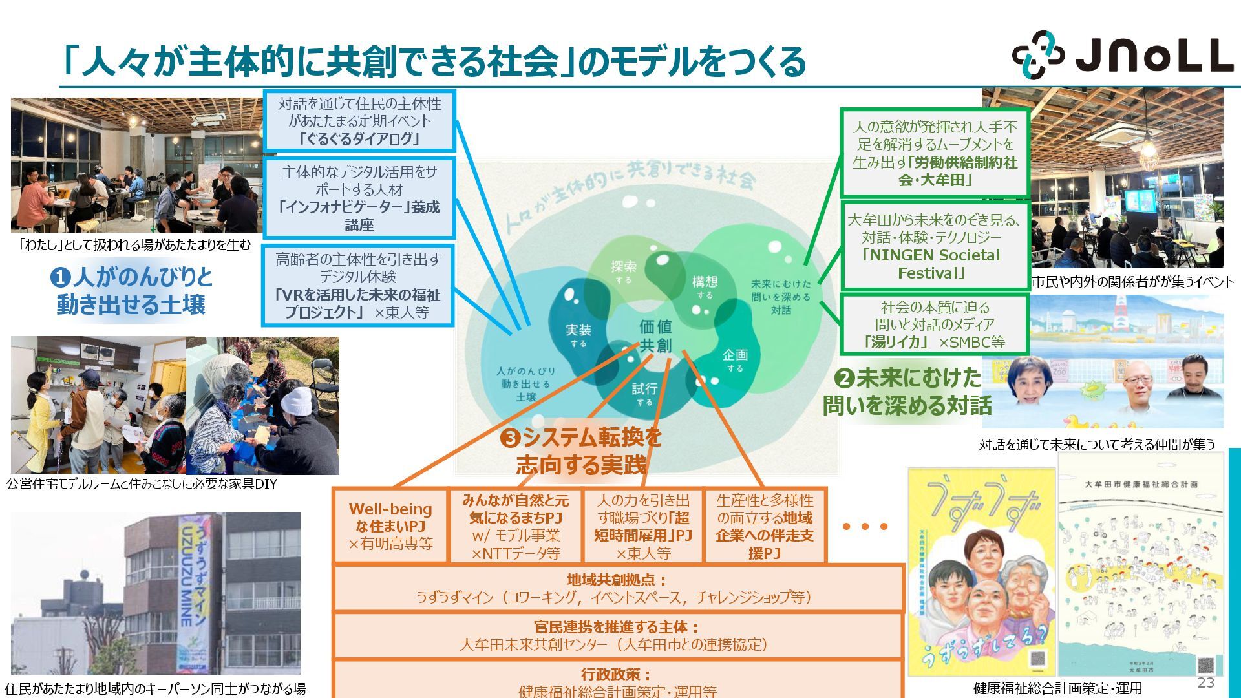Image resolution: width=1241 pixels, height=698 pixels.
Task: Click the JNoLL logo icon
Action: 1038,55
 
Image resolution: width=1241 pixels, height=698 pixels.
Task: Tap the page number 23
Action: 1205,682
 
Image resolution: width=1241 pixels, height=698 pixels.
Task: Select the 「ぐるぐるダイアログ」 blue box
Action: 359,122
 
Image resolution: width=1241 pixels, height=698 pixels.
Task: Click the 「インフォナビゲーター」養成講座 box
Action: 359,198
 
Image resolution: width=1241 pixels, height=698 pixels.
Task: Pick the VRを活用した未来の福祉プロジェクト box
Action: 357,286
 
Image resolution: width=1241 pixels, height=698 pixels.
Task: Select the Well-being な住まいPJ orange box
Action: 390,526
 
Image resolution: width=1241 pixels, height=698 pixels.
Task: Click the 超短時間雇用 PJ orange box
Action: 642,526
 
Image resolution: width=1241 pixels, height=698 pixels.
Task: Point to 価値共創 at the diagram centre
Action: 655,336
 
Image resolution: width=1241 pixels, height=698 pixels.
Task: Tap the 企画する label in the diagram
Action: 735,360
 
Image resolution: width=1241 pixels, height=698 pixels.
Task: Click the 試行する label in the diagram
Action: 644,393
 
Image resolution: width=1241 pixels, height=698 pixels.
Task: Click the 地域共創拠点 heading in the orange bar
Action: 617,580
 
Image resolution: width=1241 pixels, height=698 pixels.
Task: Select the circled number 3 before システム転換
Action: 510,439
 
